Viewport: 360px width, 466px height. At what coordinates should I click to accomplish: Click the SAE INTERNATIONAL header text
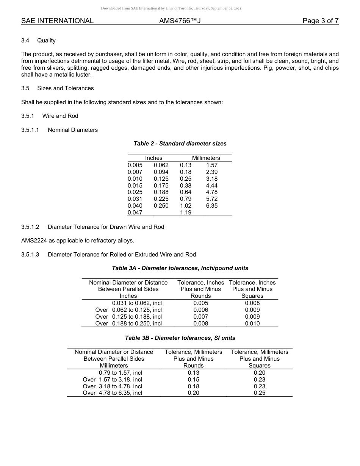point(57,21)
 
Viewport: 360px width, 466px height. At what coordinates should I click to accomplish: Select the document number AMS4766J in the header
point(180,21)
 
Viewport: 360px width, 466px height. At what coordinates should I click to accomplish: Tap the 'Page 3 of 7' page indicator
point(320,21)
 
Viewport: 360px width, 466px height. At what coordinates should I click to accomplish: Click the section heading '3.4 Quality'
point(38,41)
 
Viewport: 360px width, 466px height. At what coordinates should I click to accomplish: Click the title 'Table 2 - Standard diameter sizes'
point(180,144)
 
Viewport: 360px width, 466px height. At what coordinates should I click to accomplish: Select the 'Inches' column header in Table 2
point(153,158)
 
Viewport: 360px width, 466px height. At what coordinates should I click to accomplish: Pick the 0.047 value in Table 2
point(135,213)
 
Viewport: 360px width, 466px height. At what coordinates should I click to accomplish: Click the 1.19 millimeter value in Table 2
point(186,213)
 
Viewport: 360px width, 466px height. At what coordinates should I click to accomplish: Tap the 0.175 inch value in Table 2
point(161,186)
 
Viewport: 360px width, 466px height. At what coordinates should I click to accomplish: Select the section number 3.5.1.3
point(30,254)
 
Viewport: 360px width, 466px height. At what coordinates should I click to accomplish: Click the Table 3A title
point(180,268)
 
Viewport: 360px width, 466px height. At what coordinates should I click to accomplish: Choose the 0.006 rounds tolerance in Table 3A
point(200,310)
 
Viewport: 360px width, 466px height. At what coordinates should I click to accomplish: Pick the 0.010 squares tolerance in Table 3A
point(252,324)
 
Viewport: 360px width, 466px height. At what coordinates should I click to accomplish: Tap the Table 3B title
point(180,338)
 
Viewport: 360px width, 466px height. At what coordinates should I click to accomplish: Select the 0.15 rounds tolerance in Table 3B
point(193,380)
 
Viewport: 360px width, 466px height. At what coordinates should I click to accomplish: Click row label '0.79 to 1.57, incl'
point(120,373)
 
